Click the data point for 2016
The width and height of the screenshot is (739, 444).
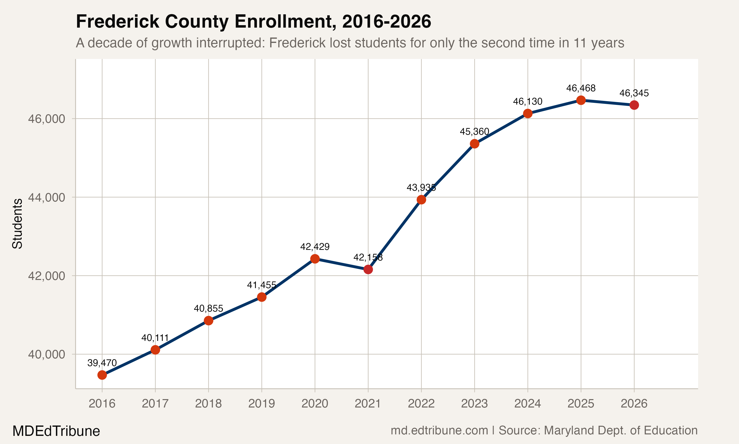pos(102,375)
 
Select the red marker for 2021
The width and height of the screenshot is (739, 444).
pos(368,270)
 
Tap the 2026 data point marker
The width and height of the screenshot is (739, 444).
pos(634,105)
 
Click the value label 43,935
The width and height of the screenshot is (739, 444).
pos(421,188)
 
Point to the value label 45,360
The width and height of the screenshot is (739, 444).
pos(474,132)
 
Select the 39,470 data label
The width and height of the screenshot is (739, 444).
pos(102,363)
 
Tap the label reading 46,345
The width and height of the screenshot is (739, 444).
pos(634,93)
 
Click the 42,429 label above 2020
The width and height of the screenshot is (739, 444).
pos(315,247)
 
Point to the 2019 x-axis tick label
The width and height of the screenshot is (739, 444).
pos(262,404)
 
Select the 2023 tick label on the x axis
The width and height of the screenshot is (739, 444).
pos(474,404)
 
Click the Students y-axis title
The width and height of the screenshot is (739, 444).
pos(17,223)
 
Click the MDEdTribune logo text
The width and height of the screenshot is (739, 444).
pos(56,431)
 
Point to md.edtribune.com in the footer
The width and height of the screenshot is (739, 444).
pos(439,430)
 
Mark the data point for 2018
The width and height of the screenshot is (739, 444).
pos(208,321)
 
